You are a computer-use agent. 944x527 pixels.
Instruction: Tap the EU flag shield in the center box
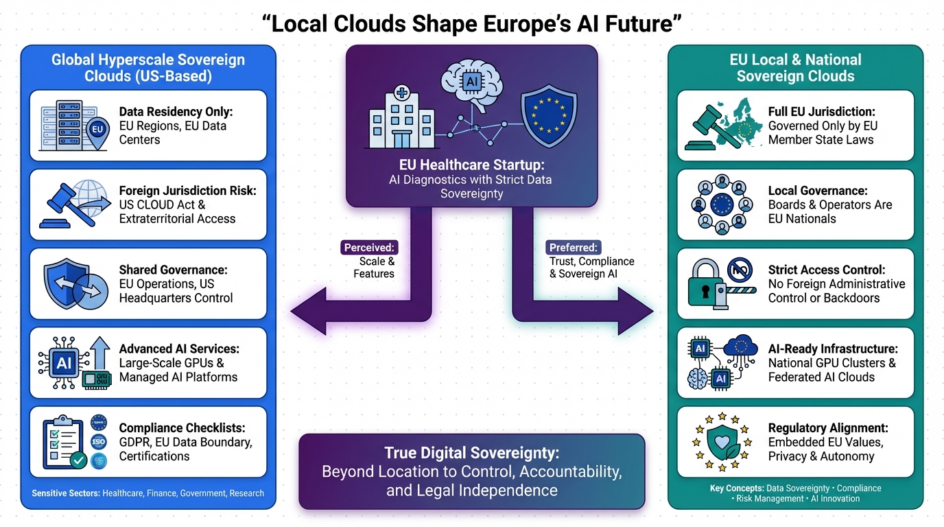pos(549,115)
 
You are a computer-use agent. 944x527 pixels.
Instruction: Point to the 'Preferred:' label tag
pos(574,247)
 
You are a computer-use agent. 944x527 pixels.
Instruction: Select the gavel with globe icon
pos(75,204)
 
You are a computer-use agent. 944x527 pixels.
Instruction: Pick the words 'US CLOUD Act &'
pos(162,205)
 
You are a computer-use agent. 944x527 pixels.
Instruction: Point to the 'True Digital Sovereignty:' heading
pos(472,453)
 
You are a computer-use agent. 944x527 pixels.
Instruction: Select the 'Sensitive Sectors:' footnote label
pos(66,493)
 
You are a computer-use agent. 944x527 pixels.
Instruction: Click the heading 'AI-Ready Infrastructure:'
pos(833,349)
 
